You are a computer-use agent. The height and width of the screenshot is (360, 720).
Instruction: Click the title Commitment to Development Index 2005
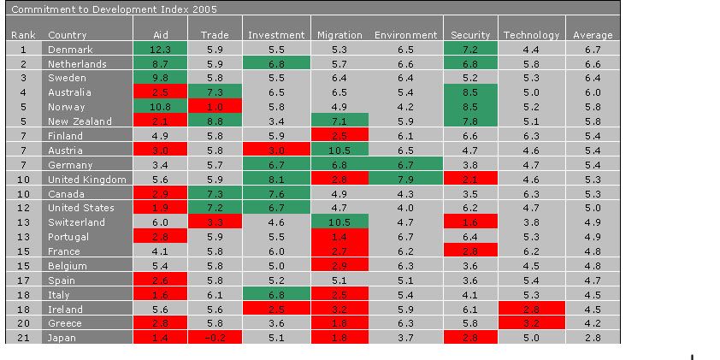113,9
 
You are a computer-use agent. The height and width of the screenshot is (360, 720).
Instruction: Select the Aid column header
160,35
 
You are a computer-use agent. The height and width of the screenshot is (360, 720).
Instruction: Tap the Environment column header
405,35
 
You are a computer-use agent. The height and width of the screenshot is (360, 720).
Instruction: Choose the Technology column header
531,35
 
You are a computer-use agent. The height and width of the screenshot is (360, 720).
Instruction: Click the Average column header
593,35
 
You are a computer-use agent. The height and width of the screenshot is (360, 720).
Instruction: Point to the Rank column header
22,35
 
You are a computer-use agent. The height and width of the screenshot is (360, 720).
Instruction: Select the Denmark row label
70,50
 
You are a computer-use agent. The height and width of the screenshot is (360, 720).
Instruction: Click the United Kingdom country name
87,180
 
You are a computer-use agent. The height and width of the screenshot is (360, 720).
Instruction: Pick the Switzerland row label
76,222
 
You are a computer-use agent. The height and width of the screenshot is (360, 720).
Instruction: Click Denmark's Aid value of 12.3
160,50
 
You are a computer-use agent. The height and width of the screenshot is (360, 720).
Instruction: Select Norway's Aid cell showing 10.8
160,108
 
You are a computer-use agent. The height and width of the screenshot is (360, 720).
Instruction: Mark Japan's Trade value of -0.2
215,338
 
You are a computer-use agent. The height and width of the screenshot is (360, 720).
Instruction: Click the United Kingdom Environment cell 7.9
405,180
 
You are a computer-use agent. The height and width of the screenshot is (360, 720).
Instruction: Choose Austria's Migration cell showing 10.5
339,150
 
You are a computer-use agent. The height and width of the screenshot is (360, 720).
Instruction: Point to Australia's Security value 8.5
470,93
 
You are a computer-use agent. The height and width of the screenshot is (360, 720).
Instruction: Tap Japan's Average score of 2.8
593,338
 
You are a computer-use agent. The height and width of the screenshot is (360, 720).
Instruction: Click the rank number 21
24,338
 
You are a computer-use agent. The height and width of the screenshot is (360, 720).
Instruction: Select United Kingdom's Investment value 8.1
275,180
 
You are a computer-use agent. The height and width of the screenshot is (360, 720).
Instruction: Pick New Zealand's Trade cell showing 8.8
215,121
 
